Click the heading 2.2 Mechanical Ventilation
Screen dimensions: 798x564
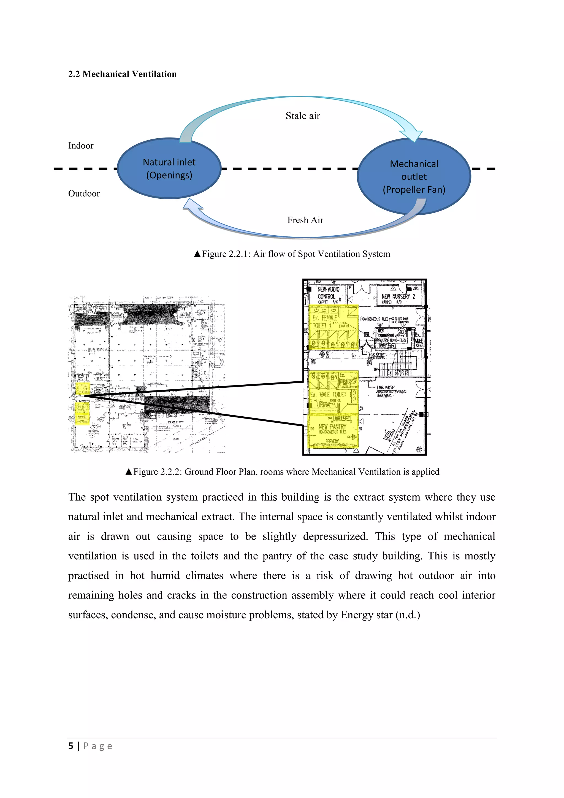point(122,74)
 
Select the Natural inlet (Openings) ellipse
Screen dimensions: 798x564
point(169,169)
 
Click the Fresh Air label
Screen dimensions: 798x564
point(305,220)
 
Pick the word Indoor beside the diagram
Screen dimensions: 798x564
point(81,145)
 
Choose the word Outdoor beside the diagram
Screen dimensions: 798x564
point(84,194)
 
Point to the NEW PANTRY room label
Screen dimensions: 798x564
point(332,427)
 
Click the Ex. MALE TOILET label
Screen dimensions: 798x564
point(328,395)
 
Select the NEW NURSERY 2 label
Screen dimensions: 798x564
point(398,296)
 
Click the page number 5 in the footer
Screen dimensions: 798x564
point(71,746)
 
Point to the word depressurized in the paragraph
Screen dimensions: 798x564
point(335,536)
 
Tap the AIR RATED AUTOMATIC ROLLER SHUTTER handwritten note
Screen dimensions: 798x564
point(391,392)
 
